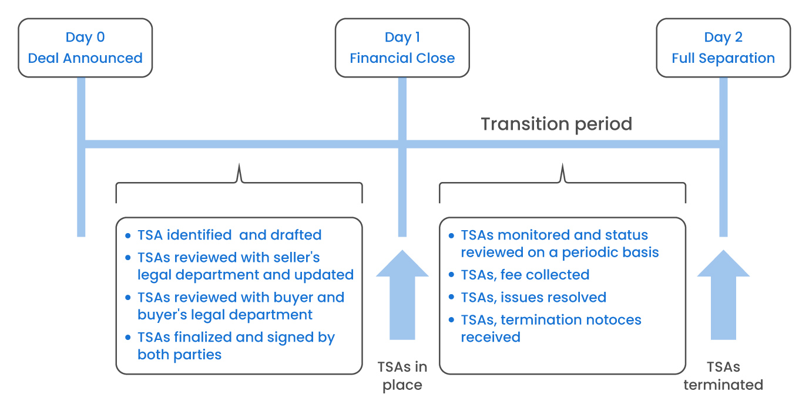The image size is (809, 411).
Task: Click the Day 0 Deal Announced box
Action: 85,48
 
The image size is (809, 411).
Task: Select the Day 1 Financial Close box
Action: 402,48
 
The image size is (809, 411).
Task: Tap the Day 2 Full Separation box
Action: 723,48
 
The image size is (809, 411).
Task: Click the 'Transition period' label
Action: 556,124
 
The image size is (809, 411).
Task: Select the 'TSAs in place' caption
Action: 402,376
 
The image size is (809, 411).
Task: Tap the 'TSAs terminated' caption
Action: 723,376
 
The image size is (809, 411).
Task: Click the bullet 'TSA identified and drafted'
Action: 229,235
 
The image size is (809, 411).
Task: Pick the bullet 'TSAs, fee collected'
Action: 525,275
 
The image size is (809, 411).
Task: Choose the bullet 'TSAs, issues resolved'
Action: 533,297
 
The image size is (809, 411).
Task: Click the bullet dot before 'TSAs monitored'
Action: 451,235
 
